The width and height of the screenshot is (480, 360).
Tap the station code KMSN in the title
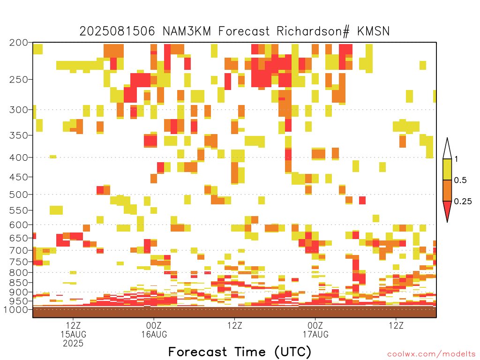373,31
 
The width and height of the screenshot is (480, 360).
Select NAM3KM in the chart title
187,31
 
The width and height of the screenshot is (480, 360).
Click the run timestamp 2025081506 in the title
117,31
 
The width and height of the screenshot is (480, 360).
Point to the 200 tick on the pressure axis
19,43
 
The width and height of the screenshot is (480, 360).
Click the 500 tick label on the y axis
19,195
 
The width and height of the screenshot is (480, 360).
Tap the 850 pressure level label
19,283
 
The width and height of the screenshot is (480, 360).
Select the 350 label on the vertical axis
19,135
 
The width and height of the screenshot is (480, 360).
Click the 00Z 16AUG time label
154,330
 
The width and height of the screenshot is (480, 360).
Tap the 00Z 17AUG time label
315,330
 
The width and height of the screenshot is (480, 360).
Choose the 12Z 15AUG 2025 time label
73,334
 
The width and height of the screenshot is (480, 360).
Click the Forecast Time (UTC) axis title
240,352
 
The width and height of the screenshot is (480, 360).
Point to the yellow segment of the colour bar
447,169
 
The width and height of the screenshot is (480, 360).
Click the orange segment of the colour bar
447,190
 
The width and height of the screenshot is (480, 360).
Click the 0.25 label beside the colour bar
463,202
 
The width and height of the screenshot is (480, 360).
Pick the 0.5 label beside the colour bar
460,180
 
